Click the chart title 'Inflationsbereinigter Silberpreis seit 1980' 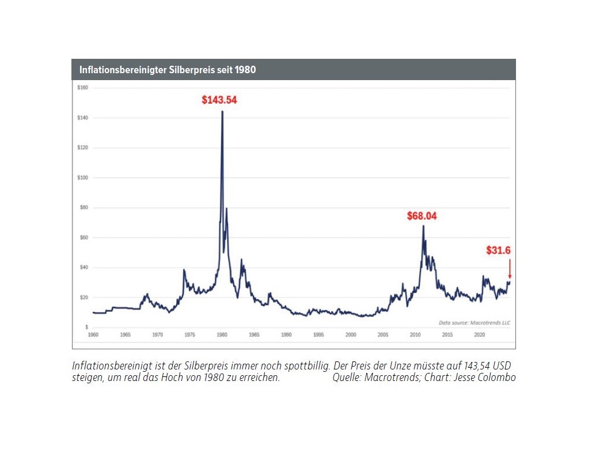coord(168,70)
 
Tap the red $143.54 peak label coord(219,100)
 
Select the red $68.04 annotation coord(422,216)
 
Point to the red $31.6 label coord(498,250)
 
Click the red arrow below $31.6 coord(509,269)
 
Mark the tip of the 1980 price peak coord(222,111)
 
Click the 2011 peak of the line coord(423,225)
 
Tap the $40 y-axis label coord(83,267)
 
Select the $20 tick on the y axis coord(83,297)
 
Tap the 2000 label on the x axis coord(351,334)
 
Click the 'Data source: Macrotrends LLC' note coord(474,323)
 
